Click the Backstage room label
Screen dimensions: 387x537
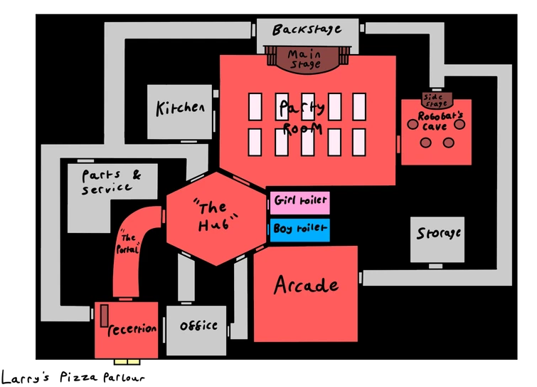pyautogui.click(x=306, y=30)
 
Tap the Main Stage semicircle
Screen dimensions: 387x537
pyautogui.click(x=305, y=59)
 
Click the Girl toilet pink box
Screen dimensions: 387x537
pyautogui.click(x=299, y=202)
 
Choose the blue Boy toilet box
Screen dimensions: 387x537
pyautogui.click(x=299, y=230)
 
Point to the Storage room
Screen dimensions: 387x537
pyautogui.click(x=437, y=234)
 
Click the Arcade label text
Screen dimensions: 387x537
pyautogui.click(x=306, y=286)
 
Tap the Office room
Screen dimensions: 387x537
pyautogui.click(x=197, y=326)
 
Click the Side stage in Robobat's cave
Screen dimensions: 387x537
pyautogui.click(x=435, y=99)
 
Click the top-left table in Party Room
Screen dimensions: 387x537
pyautogui.click(x=255, y=107)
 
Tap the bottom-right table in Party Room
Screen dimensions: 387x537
pyautogui.click(x=359, y=142)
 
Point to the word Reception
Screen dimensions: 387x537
pyautogui.click(x=132, y=329)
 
